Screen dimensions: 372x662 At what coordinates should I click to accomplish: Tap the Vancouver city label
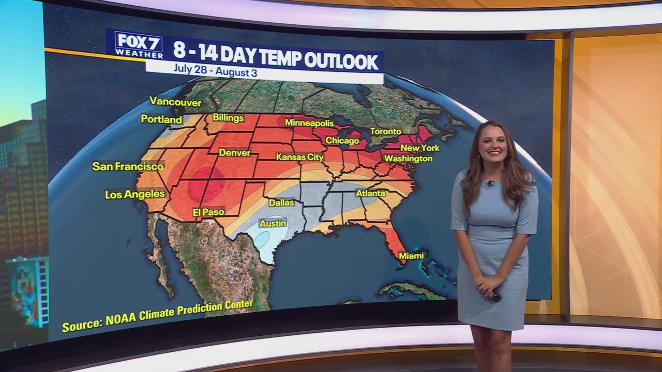[175, 102]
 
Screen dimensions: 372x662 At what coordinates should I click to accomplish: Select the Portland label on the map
[161, 119]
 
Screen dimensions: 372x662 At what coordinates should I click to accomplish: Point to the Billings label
[228, 118]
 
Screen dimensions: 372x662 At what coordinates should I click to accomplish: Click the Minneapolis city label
[309, 123]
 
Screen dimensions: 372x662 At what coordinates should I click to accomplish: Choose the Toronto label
[385, 131]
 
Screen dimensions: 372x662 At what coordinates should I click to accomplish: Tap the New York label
[420, 148]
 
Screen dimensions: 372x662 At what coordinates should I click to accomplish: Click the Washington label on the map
[408, 158]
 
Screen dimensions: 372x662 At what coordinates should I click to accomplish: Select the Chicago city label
[342, 141]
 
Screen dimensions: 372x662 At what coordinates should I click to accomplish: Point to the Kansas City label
[299, 157]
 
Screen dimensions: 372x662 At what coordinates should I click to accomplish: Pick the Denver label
[234, 152]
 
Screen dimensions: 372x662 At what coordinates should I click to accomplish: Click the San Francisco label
[128, 166]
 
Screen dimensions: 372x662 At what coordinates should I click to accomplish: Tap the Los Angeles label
[134, 194]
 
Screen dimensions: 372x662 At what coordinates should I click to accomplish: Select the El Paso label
[208, 212]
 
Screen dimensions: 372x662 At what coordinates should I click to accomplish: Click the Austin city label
[273, 224]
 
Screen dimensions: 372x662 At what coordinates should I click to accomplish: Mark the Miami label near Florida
[411, 256]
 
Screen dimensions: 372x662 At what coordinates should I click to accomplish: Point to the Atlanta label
[371, 193]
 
